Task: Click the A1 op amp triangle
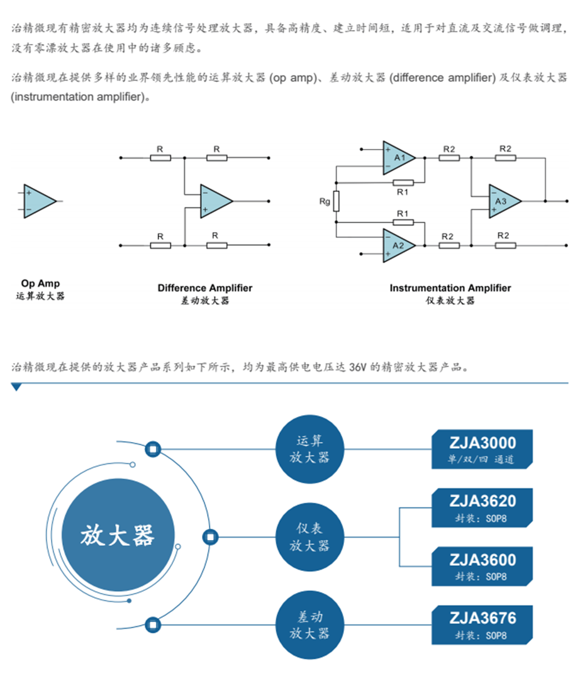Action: coord(398,157)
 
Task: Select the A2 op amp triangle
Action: coord(398,245)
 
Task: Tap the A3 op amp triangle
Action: coord(504,201)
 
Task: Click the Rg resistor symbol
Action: coord(337,201)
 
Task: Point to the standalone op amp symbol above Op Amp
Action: coord(39,201)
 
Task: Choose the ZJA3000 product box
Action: coord(482,449)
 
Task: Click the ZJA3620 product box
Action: coord(482,508)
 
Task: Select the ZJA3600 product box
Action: coord(482,566)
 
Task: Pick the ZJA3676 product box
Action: coord(482,625)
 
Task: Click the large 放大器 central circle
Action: coord(117,537)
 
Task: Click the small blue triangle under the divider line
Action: coord(16,387)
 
